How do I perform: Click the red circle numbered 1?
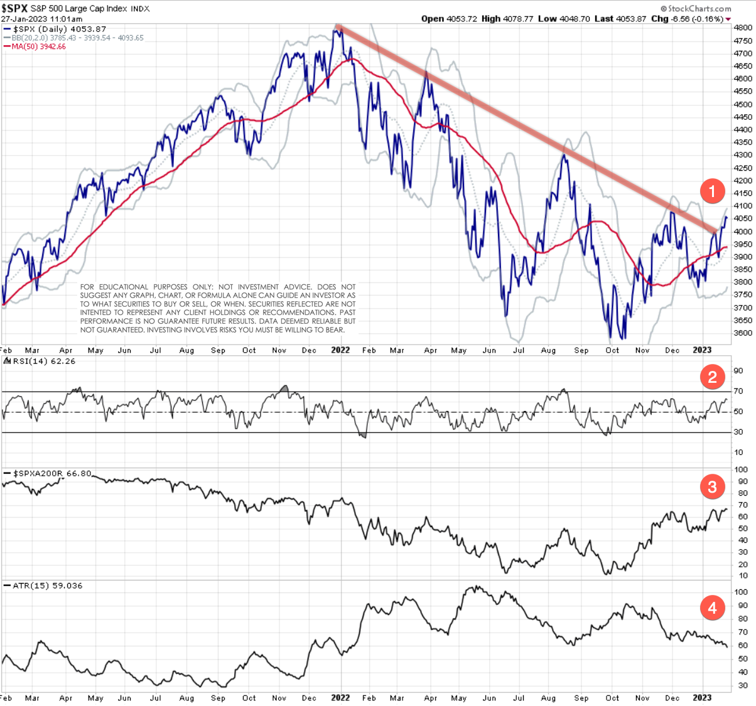tap(712, 191)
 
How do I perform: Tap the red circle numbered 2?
tap(712, 377)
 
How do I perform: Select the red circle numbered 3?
tap(712, 486)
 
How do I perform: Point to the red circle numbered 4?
tap(712, 607)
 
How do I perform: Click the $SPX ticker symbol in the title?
tap(14, 8)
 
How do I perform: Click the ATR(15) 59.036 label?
tap(48, 586)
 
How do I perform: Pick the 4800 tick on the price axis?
tap(743, 28)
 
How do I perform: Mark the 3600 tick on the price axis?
tap(743, 333)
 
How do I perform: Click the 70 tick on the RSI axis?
tap(738, 392)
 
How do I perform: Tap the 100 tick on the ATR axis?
tap(741, 592)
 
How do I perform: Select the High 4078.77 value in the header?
tap(507, 19)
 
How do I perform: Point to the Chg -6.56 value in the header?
tap(669, 19)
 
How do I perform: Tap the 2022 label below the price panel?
tap(340, 350)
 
